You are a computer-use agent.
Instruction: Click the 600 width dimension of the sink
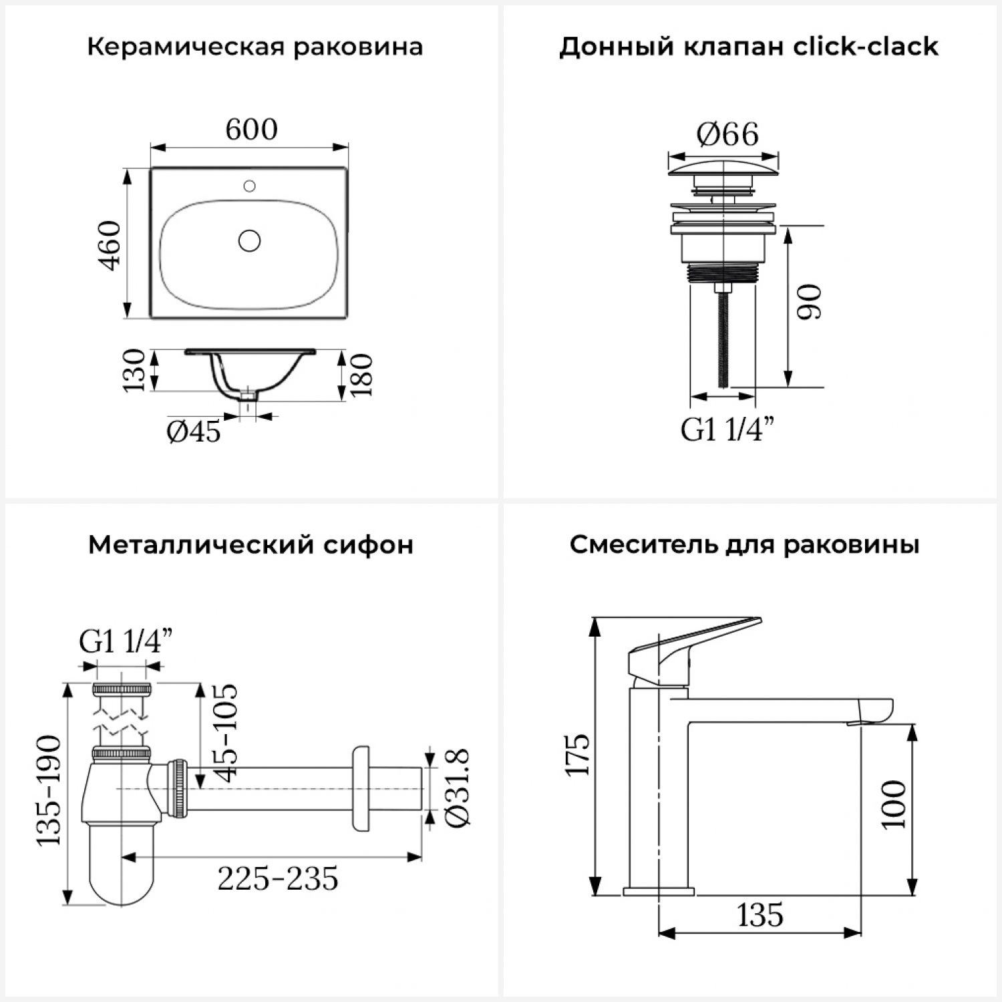[251, 130]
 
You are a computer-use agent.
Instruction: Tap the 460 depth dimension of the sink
[111, 245]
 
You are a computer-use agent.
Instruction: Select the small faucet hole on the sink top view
[250, 186]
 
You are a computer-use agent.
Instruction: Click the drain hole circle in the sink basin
[250, 240]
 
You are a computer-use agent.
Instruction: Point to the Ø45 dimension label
[194, 432]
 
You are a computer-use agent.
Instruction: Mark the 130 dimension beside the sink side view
[134, 370]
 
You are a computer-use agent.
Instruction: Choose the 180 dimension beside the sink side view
[361, 375]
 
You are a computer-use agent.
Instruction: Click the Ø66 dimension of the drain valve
[727, 135]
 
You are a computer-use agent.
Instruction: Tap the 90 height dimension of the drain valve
[810, 302]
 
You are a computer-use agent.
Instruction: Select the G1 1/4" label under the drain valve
[728, 429]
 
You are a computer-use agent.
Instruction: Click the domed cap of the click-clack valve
[723, 168]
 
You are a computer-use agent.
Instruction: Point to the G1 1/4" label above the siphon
[126, 642]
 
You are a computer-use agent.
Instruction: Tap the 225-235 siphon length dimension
[278, 878]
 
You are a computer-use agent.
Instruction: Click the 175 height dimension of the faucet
[578, 755]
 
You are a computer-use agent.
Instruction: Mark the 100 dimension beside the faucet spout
[894, 805]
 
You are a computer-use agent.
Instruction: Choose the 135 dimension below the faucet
[760, 915]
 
